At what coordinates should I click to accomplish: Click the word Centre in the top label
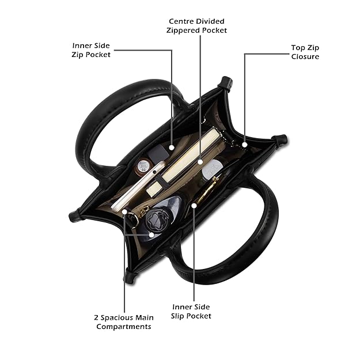tap(181, 21)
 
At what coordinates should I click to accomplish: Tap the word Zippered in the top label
tap(182, 31)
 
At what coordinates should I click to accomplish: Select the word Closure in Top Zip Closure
tap(305, 56)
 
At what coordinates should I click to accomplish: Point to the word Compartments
tap(124, 327)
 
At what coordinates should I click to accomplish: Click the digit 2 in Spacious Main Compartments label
tap(96, 318)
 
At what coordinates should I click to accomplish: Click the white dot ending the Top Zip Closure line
tap(245, 145)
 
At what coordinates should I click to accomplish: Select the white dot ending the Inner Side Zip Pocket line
tap(172, 147)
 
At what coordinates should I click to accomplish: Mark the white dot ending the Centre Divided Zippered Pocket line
tap(200, 162)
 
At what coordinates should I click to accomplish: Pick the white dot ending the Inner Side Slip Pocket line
tap(194, 206)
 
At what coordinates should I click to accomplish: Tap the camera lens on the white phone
tap(155, 172)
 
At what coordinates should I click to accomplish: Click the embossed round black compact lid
tap(156, 219)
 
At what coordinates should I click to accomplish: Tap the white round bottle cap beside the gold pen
tap(212, 169)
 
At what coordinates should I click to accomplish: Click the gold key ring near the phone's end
tap(132, 218)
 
